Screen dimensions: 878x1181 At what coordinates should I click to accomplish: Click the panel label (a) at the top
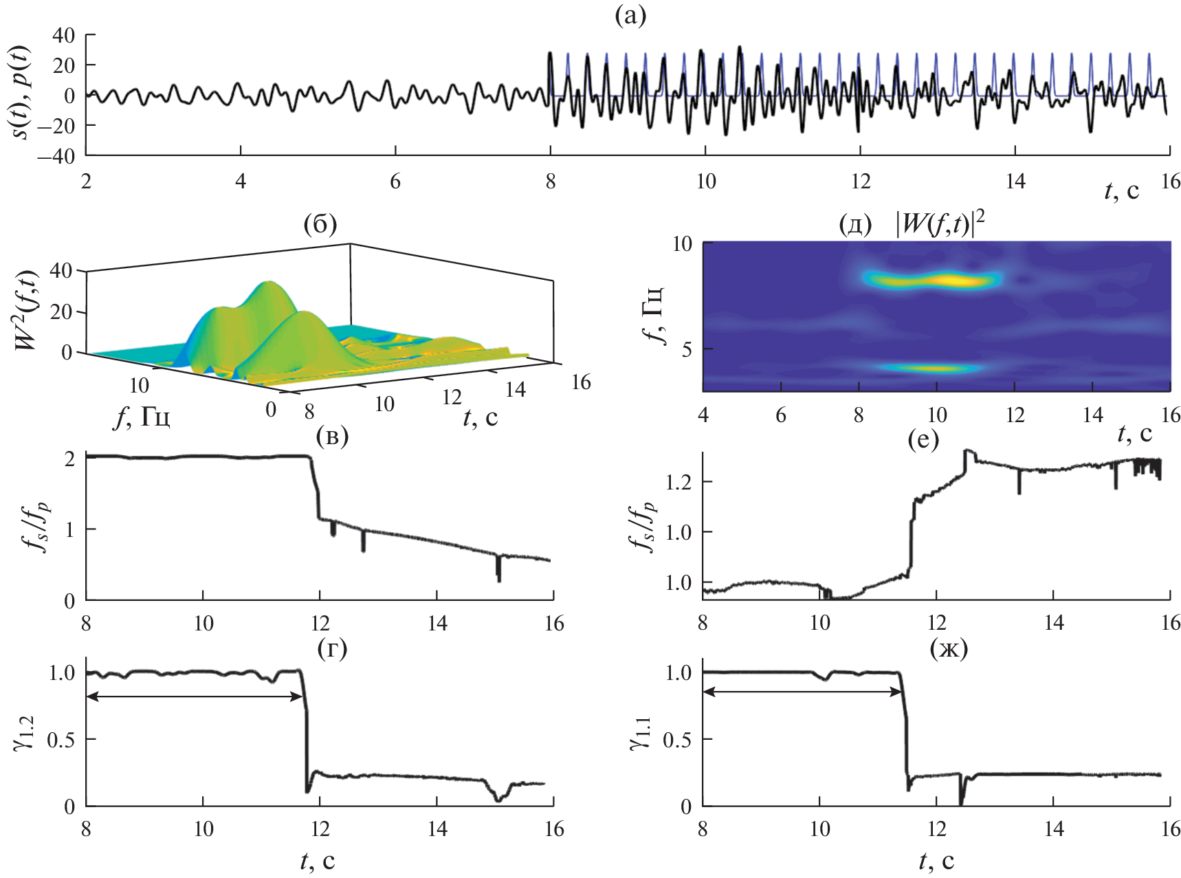coord(630,16)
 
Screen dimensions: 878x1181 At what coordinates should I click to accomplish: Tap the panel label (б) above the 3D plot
coord(320,224)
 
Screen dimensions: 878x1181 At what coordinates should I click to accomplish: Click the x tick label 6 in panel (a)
coord(395,182)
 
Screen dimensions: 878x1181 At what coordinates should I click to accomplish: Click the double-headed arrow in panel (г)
coord(195,696)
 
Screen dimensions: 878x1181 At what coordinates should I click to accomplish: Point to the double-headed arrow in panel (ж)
coord(802,692)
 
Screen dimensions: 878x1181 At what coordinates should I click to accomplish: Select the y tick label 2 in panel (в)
coord(69,458)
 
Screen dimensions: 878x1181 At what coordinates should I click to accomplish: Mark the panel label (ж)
coord(949,648)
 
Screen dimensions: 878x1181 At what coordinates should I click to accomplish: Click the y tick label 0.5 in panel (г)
coord(61,740)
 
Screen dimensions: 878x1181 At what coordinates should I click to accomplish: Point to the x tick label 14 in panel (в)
coord(437,624)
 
